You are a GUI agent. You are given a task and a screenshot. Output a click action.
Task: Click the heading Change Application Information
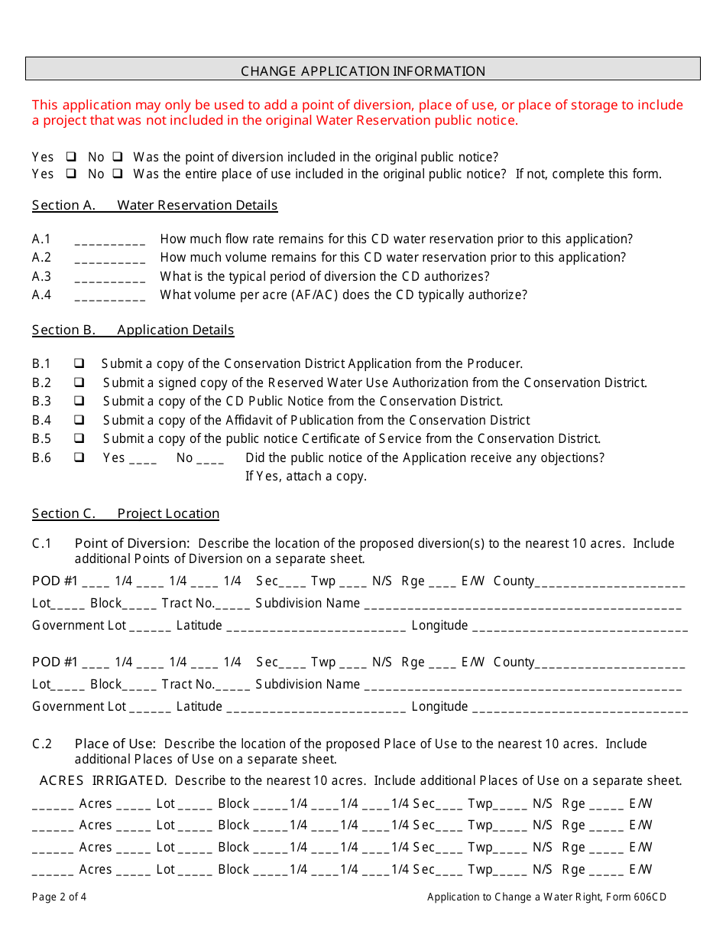(363, 71)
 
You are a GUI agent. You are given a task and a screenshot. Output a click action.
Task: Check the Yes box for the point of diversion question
(71, 157)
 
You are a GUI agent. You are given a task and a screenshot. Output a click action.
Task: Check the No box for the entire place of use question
(118, 174)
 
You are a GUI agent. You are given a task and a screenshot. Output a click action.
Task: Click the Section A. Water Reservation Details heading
(154, 205)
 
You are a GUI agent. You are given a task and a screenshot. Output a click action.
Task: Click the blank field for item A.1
(110, 240)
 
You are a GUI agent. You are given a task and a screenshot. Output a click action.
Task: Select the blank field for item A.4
(110, 295)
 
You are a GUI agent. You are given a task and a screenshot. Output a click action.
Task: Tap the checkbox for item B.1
(79, 363)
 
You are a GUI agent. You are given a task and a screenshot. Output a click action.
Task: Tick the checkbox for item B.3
(79, 401)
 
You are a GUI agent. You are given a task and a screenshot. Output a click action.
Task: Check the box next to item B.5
(79, 438)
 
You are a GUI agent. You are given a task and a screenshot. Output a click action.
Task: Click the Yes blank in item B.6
(143, 459)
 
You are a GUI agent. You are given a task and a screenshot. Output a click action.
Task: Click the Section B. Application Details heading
(133, 330)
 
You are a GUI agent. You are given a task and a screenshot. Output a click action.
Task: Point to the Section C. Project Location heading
(125, 513)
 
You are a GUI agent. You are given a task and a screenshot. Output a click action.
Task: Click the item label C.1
(42, 543)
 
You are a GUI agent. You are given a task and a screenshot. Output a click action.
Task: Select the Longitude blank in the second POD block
(579, 708)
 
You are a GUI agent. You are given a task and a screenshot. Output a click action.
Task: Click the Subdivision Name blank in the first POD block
(523, 604)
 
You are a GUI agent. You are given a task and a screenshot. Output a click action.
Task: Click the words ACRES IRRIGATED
(102, 780)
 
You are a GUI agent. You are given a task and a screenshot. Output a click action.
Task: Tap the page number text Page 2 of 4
(60, 897)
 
